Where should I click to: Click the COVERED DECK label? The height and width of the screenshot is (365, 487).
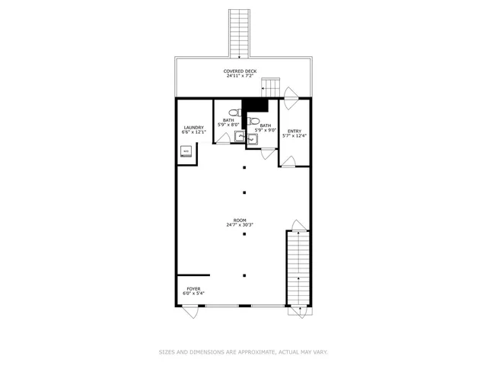tap(240, 71)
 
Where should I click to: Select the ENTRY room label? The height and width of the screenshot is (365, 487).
tap(294, 131)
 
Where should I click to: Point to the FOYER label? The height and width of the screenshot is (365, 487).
tap(193, 288)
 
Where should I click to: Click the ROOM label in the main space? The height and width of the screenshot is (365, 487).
tap(240, 221)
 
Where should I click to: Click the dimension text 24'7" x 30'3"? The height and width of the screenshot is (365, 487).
tap(240, 226)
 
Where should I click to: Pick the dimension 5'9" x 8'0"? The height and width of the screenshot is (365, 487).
tap(228, 124)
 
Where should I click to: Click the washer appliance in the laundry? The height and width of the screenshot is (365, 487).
tap(186, 151)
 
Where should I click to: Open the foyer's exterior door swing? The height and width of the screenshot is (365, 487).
tap(190, 311)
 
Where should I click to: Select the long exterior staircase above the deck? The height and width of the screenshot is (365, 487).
tap(240, 32)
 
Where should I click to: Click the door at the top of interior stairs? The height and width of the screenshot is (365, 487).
tap(297, 225)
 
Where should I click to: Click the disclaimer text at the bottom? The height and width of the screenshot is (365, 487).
tap(243, 352)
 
